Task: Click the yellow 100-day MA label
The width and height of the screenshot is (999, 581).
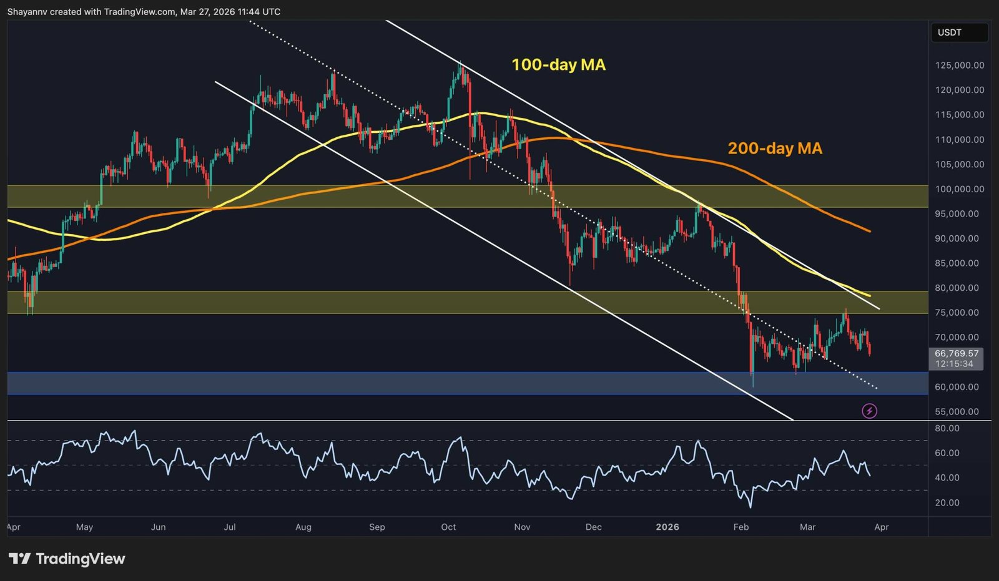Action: click(558, 65)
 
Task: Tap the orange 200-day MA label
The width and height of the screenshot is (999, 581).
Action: click(775, 149)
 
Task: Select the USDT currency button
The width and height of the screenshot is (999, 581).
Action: click(950, 32)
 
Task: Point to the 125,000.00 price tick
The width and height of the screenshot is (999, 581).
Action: click(960, 66)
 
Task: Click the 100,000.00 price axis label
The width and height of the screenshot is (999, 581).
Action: click(960, 189)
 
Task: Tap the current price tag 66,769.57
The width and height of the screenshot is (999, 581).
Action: click(957, 353)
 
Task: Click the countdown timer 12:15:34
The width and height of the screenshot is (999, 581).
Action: click(954, 364)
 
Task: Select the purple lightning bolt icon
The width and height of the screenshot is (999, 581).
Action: click(869, 411)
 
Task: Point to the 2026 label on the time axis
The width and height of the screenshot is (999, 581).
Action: click(667, 527)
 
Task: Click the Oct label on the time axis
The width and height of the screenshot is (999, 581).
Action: click(448, 527)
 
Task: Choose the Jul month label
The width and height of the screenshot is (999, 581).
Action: click(230, 527)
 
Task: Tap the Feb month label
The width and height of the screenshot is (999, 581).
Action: click(741, 527)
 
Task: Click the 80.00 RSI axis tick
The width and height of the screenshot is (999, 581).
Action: click(947, 428)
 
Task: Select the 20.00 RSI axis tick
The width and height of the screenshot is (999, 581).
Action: click(947, 503)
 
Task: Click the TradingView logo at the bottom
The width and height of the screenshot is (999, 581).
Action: click(67, 559)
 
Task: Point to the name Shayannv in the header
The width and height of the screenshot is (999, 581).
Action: click(27, 12)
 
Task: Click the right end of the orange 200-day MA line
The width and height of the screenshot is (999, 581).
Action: click(869, 232)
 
